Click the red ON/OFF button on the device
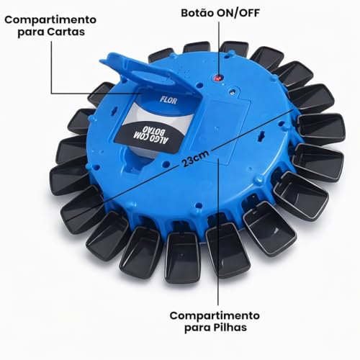point(218,78)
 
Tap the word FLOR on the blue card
point(168,100)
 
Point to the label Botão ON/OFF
point(220,13)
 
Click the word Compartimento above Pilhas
point(215,315)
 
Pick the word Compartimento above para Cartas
point(50,19)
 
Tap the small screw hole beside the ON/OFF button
point(232,91)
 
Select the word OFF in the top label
point(248,13)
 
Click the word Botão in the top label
point(197,13)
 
